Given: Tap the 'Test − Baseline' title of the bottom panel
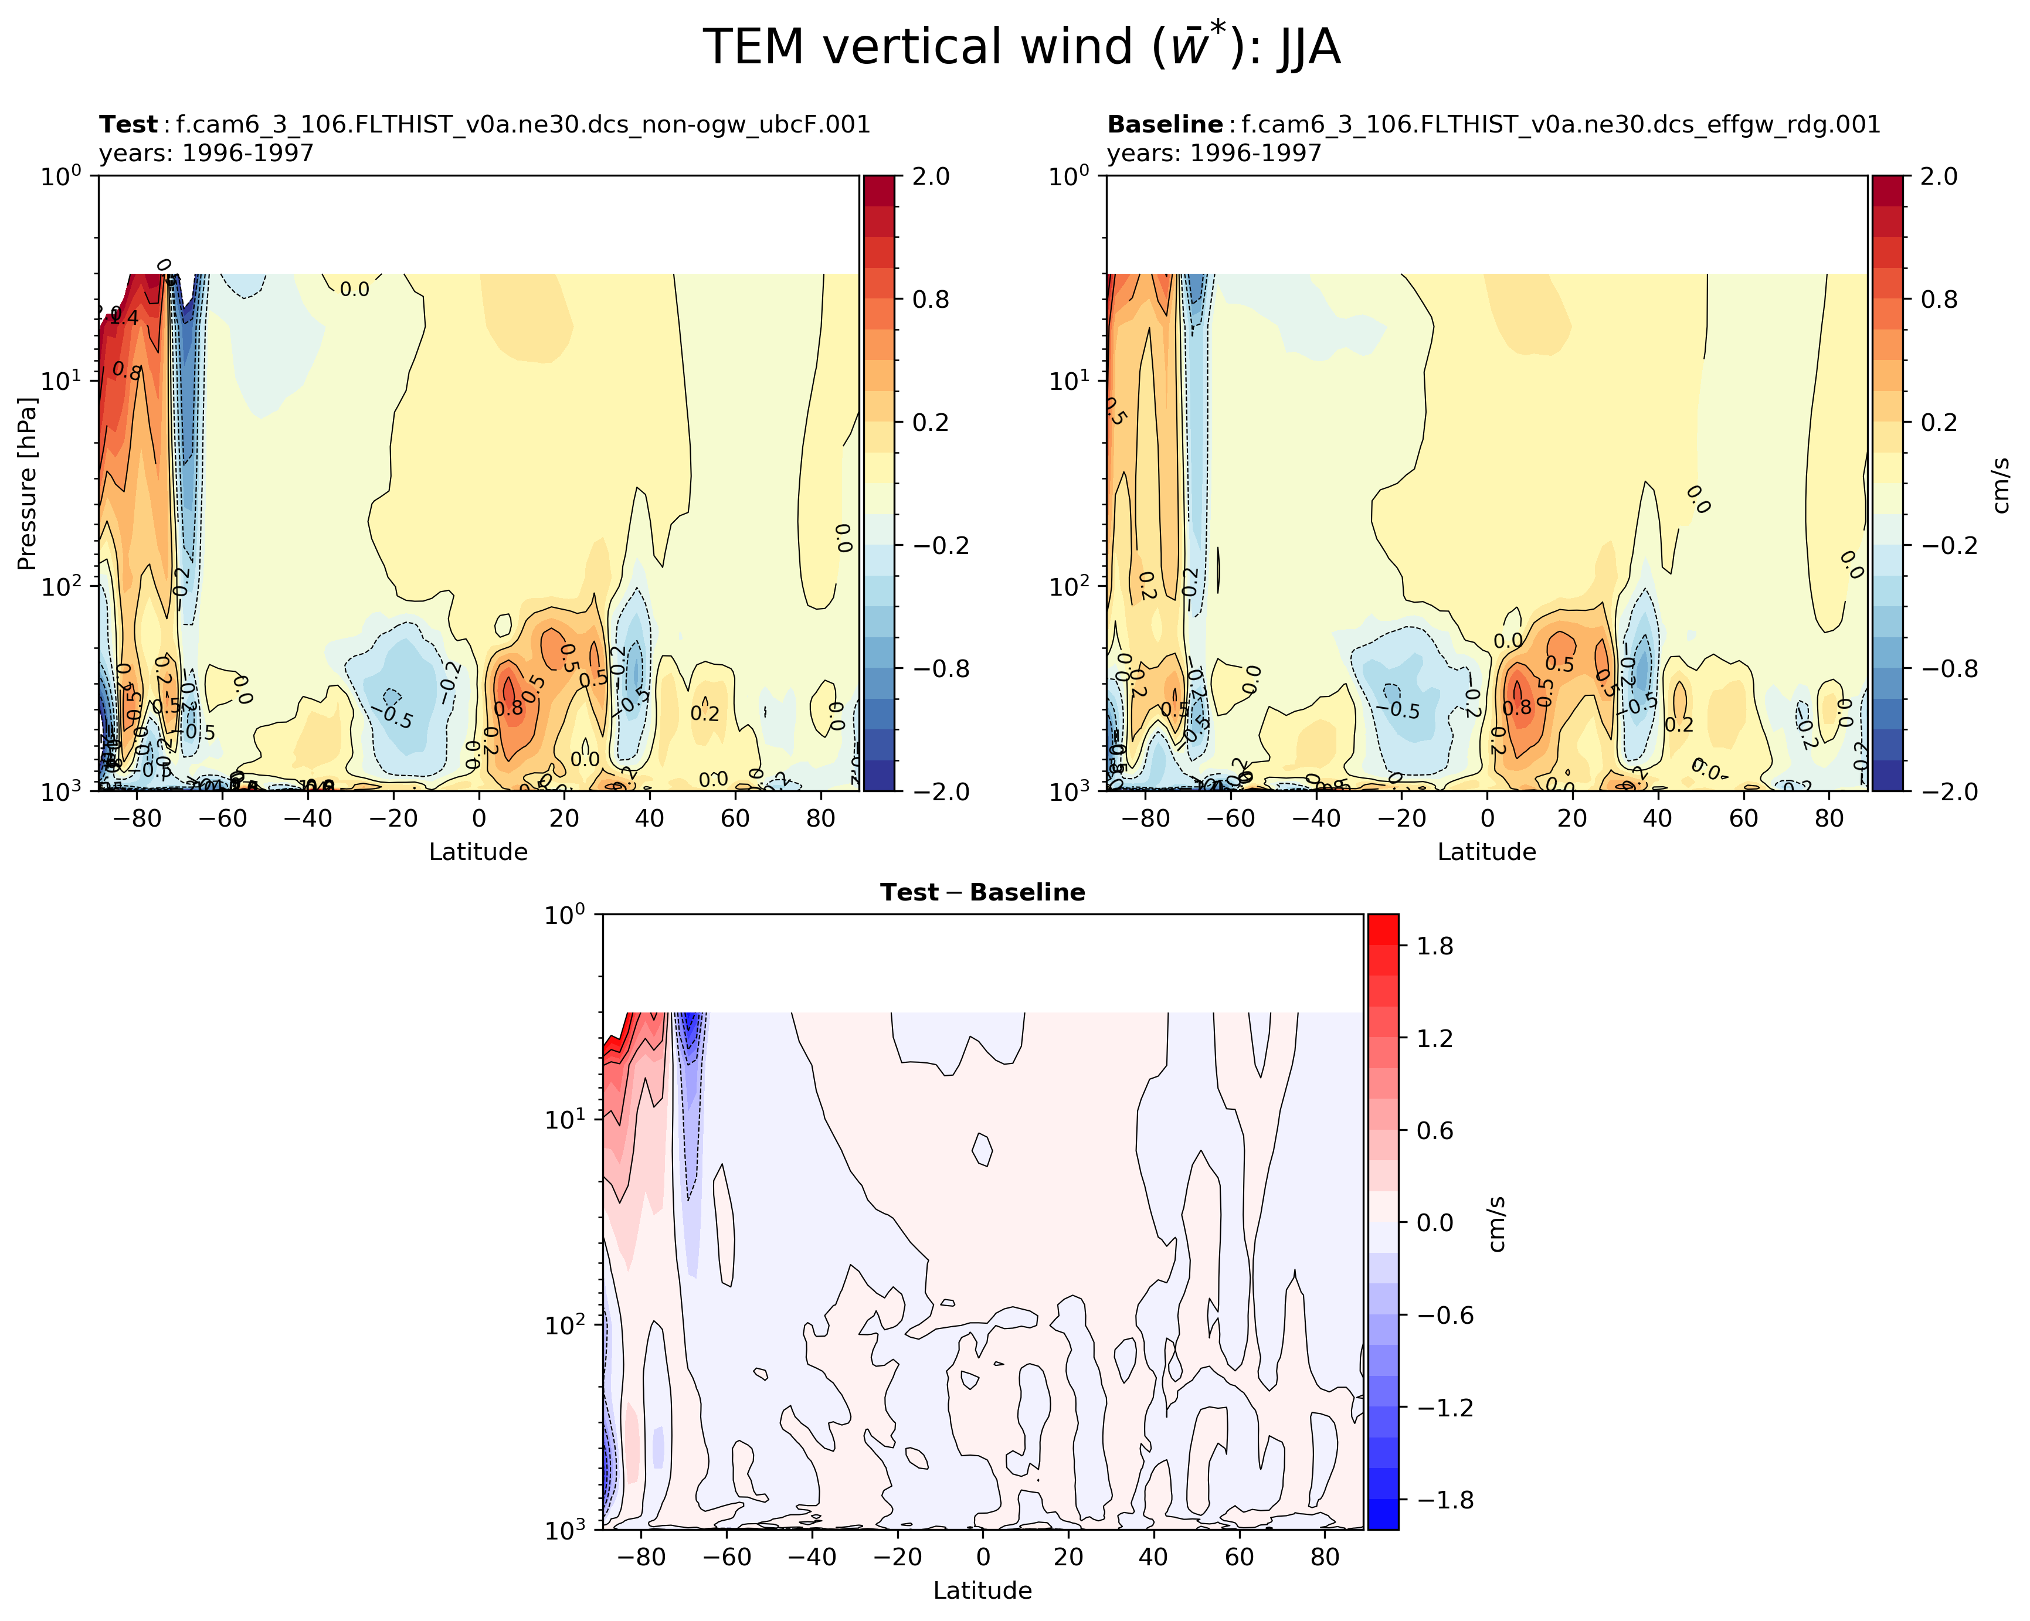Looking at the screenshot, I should click(x=982, y=892).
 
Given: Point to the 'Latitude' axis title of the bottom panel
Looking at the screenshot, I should click(x=982, y=1590).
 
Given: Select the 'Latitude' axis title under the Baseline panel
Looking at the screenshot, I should click(x=1486, y=852).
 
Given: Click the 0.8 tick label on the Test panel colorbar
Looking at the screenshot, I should click(x=930, y=300).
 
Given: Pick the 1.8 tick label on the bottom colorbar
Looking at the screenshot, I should click(x=1435, y=946).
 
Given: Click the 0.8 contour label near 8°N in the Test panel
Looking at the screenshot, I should click(x=508, y=708).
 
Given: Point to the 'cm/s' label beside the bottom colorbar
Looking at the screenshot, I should click(x=1497, y=1224).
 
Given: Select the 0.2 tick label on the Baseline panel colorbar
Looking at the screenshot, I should click(x=1938, y=423).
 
